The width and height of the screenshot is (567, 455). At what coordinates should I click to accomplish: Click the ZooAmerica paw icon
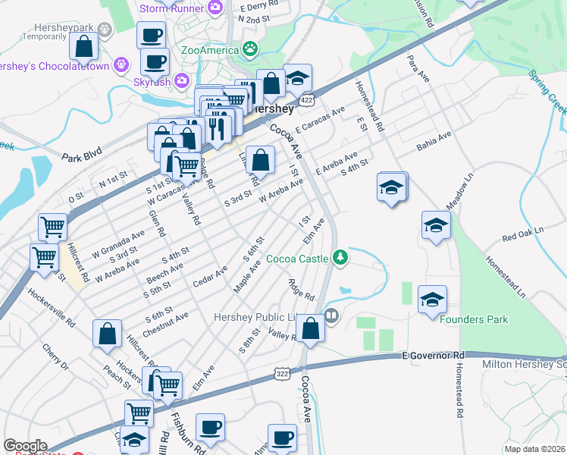pos(250,50)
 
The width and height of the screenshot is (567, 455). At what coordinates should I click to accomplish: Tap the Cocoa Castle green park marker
pos(341,258)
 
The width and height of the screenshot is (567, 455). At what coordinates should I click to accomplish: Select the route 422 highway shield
pos(306,100)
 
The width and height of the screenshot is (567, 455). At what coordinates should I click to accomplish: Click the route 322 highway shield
pos(281,375)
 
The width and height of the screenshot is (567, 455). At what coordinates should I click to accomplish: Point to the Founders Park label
pos(474,319)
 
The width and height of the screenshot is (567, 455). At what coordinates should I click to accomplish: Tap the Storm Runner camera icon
pos(215,8)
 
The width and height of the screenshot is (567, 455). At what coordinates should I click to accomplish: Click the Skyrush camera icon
pos(181,80)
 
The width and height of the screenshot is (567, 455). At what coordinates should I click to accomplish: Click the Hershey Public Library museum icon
pos(330,315)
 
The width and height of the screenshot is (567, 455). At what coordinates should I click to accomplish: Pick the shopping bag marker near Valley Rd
pos(311,328)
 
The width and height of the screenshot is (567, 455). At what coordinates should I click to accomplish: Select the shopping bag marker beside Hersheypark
pos(83,46)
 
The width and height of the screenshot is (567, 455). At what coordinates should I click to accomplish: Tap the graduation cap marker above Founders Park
pos(432,300)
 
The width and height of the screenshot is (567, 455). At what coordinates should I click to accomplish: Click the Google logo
pos(25,446)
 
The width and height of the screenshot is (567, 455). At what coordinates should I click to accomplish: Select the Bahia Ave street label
pos(434,141)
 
